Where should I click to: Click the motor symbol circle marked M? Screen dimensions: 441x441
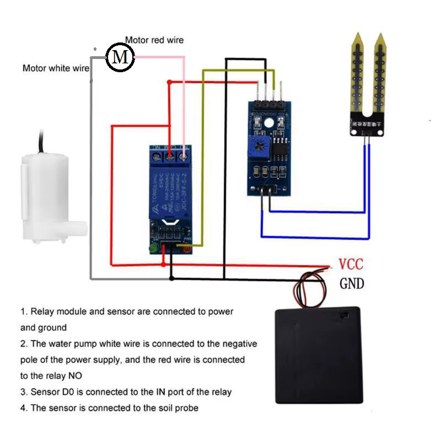(x=120, y=56)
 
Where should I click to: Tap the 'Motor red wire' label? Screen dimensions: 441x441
(x=154, y=40)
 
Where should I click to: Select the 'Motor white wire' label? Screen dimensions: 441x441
(x=56, y=68)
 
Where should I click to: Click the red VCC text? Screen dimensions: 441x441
(x=351, y=264)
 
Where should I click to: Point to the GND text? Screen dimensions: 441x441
(x=352, y=283)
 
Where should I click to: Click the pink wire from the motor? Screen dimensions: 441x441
(x=182, y=99)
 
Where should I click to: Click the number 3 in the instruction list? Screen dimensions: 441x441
(x=24, y=392)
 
